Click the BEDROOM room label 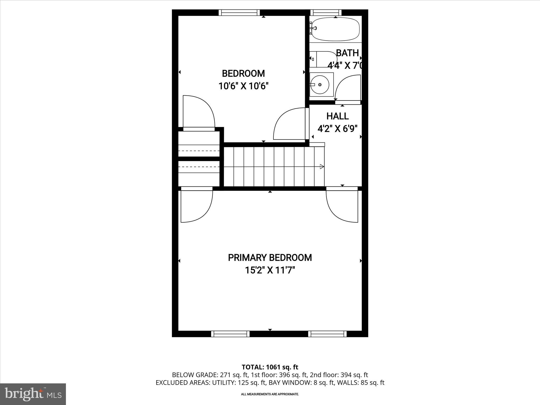(243, 73)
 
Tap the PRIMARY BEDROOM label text (270, 258)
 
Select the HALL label (337, 116)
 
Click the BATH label (347, 53)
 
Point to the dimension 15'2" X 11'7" (270, 270)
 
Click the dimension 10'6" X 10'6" (243, 86)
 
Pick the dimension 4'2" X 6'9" (337, 129)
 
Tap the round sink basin (320, 85)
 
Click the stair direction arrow (321, 166)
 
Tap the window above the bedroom (239, 13)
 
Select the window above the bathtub (326, 13)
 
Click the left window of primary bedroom (230, 334)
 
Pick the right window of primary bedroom (327, 334)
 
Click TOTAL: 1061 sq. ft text (270, 367)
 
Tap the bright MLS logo (33, 394)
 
